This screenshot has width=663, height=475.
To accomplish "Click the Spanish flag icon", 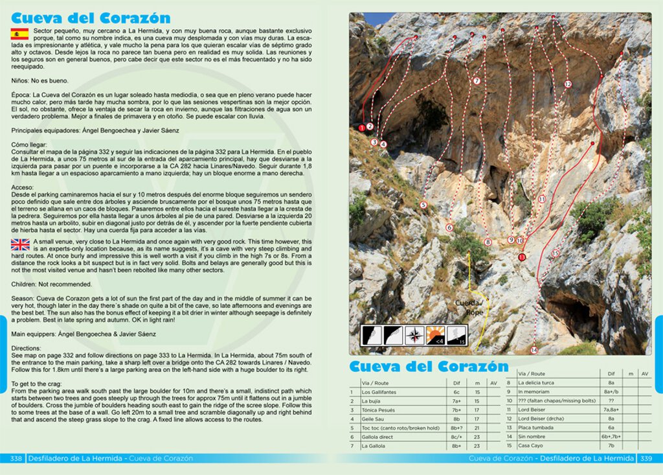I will [19, 34].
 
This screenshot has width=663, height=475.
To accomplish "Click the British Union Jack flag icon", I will [20, 244].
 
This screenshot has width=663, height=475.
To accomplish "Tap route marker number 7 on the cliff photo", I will [477, 81].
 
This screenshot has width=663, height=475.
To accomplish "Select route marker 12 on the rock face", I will [568, 84].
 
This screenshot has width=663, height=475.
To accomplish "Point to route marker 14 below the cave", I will [534, 350].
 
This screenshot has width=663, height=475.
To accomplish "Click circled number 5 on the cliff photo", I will [423, 205].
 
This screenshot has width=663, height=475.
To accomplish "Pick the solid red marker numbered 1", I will [361, 128].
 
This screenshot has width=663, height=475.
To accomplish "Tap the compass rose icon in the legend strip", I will [414, 334].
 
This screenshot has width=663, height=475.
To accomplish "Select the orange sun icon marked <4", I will [436, 334].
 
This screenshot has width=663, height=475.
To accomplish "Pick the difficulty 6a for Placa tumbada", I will [611, 428].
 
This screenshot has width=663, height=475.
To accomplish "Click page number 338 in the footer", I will [17, 458].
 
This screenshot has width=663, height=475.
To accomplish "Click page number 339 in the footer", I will [646, 458].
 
